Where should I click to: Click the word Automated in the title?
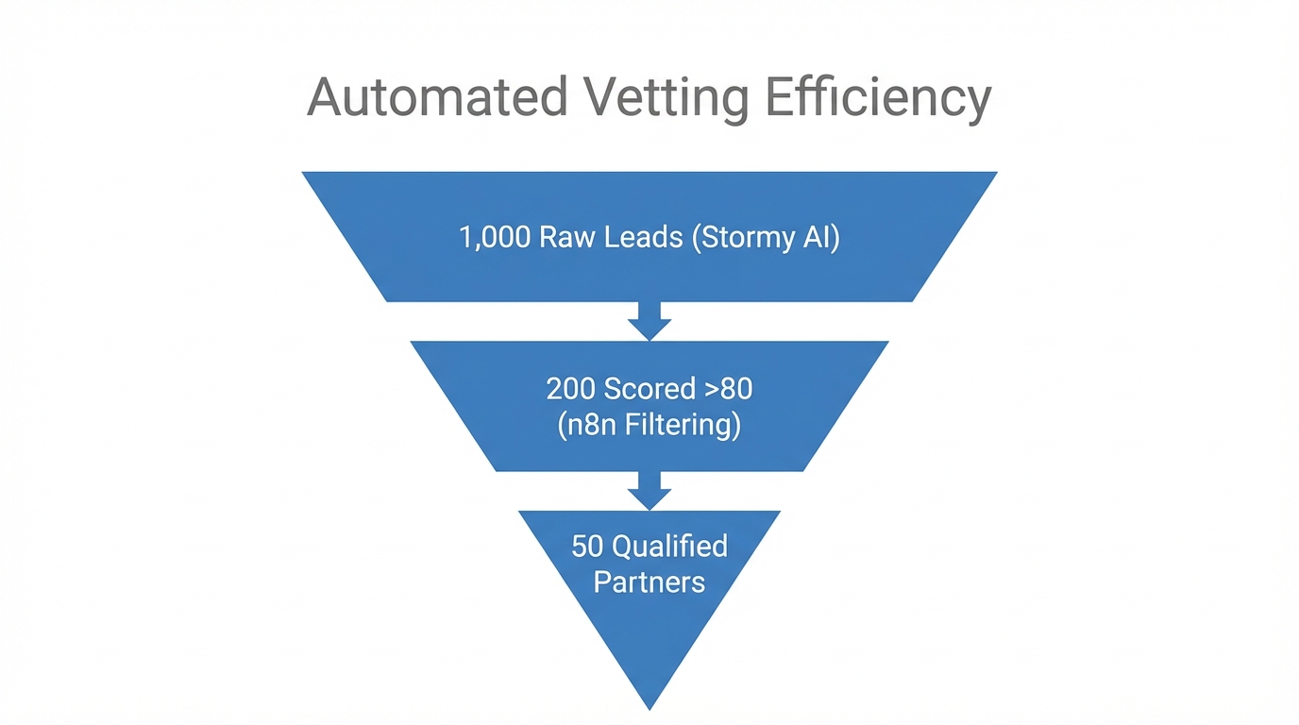click(x=436, y=96)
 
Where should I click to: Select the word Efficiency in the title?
click(x=878, y=98)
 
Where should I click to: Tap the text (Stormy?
click(x=740, y=238)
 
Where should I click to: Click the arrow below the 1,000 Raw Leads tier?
click(x=649, y=321)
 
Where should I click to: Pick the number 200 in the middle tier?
click(x=571, y=389)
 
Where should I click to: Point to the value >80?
click(x=730, y=389)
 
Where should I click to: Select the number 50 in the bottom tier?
click(x=587, y=547)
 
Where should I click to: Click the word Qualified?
click(x=670, y=547)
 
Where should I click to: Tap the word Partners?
click(x=649, y=582)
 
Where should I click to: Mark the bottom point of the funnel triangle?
click(x=649, y=706)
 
